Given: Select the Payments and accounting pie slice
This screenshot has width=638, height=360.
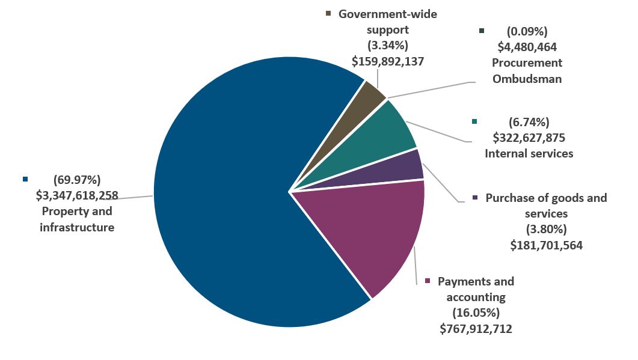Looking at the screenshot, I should click(x=373, y=234).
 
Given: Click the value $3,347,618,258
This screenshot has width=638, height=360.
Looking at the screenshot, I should click(x=76, y=195).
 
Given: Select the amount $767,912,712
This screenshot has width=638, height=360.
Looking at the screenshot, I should click(x=476, y=328).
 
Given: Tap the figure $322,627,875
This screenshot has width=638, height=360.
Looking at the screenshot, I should click(x=529, y=138).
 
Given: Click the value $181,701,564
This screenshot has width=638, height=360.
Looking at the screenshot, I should click(x=546, y=245).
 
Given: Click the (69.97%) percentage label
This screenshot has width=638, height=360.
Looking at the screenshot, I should click(x=76, y=179).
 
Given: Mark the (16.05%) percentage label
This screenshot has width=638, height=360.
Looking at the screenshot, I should click(x=476, y=313).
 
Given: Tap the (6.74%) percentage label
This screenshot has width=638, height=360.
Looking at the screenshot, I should click(x=529, y=122).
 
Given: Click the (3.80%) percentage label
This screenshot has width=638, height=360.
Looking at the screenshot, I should click(x=546, y=230).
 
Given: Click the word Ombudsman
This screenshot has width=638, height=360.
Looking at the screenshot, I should click(x=527, y=78).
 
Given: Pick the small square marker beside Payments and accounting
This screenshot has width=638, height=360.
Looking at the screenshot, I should click(x=428, y=281).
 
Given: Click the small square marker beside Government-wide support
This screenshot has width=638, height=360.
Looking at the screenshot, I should click(x=328, y=13).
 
